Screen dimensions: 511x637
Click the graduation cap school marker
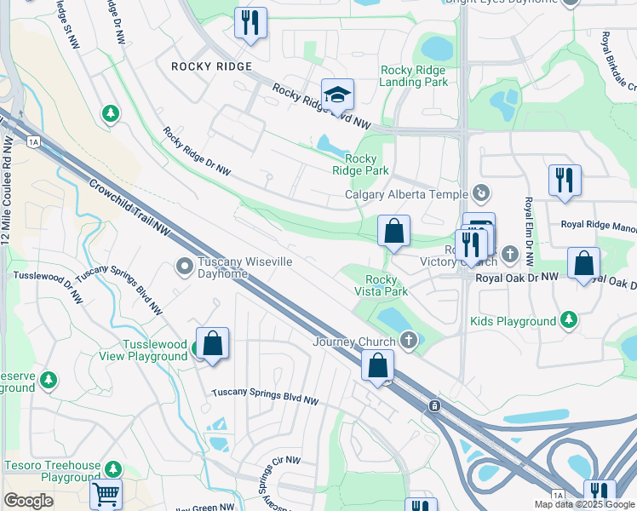[337, 95]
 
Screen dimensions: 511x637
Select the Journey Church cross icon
[410, 342]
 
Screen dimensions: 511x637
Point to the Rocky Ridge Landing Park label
[414, 76]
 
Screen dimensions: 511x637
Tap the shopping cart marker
[106, 494]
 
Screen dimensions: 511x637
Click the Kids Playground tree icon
[568, 321]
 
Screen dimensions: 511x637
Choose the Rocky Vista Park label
[381, 285]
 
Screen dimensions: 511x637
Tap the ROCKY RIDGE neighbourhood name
[211, 66]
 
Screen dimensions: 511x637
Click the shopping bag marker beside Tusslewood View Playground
[212, 344]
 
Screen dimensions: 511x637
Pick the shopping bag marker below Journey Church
[377, 365]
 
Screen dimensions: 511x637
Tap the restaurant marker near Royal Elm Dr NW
[565, 181]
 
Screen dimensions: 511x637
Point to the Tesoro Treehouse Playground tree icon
[112, 469]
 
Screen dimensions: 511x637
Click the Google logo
[29, 501]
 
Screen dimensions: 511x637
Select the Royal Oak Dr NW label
[517, 278]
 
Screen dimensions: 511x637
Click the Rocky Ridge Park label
[361, 164]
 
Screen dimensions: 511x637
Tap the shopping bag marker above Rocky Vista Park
[393, 231]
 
